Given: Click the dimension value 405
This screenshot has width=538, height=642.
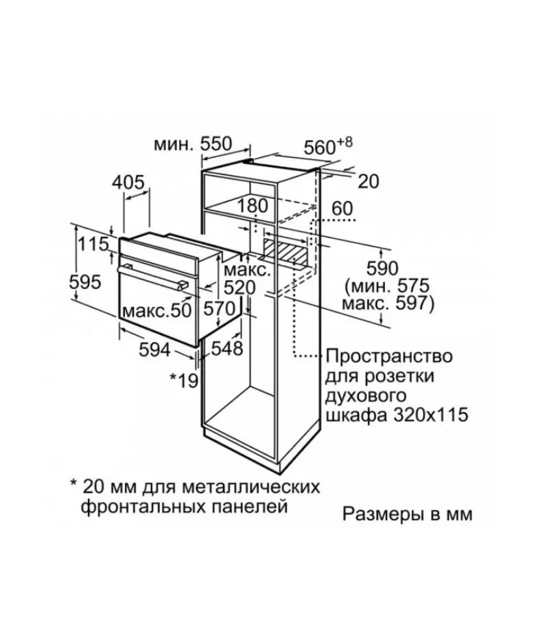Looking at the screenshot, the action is coord(128,182).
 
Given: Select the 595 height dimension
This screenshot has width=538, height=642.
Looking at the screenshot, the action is coord(85,282).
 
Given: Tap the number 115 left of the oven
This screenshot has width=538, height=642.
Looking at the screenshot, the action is coord(93,244).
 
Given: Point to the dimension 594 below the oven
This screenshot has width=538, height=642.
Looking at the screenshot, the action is coord(154,349).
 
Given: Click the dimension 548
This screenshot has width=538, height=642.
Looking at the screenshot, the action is coord(227,348).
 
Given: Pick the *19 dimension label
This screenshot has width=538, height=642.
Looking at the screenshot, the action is coord(184,380).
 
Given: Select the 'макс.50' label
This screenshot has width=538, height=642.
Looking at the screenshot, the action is coord(157,311).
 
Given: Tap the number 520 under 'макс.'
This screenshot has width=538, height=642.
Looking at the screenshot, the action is coord(239,288).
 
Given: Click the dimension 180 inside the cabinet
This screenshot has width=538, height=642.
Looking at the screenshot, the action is coord(253,206).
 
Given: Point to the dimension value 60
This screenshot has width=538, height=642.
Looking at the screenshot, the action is coord(342,209).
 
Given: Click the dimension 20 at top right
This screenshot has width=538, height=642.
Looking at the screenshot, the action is coord(369,182).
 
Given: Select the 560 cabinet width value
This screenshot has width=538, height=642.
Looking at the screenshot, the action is coord(320,148).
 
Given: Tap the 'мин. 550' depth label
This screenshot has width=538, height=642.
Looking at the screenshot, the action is coord(193,144).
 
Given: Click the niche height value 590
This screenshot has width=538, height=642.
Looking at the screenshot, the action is coord(382,269).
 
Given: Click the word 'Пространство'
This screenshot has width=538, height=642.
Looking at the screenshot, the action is coord(389,356).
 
